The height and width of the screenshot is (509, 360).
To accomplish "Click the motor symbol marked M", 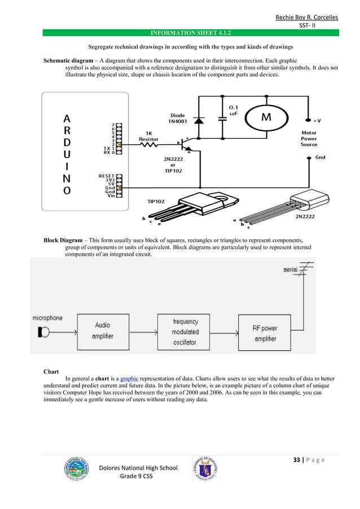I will click(x=265, y=118).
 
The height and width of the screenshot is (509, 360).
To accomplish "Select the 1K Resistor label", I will click(x=149, y=136).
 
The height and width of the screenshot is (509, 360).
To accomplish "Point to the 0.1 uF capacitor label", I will click(x=233, y=110).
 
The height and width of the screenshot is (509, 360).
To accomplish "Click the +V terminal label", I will click(x=318, y=120).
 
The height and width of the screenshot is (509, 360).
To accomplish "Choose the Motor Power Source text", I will click(x=309, y=138).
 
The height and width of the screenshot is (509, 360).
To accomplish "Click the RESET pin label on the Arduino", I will click(x=106, y=175).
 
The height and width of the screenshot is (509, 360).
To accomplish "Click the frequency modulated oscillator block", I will click(x=186, y=331).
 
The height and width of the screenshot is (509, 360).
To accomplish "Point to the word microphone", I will click(x=47, y=318).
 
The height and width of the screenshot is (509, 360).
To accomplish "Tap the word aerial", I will click(x=291, y=270).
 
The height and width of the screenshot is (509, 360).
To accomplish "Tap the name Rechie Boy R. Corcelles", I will click(x=306, y=17).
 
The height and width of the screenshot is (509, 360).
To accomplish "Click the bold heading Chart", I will click(x=51, y=371).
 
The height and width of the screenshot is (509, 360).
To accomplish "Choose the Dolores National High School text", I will click(x=138, y=467).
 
